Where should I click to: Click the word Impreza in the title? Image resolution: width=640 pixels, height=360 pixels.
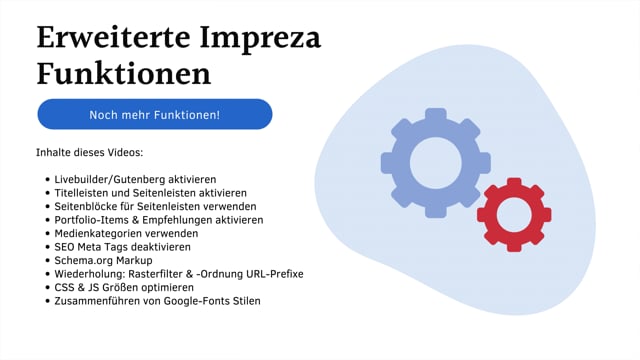(x=266, y=40)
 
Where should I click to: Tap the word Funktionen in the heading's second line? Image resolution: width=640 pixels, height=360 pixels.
(x=124, y=76)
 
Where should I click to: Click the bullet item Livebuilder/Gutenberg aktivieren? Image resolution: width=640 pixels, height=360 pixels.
(x=135, y=179)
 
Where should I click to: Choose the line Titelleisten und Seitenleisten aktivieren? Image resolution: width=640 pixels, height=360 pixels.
(x=151, y=192)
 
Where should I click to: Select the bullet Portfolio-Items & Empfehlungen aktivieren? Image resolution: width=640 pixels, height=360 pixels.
(x=159, y=219)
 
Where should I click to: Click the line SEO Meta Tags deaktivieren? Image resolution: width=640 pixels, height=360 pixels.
(x=122, y=246)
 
